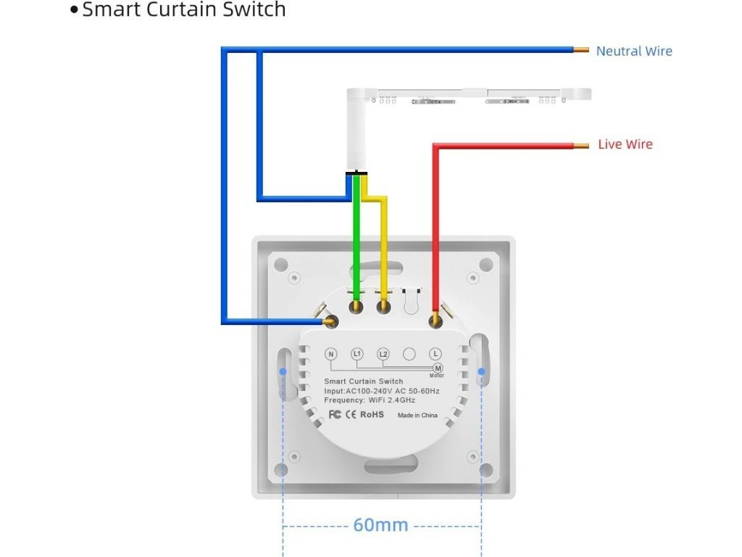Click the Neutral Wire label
633,51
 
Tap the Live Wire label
625,144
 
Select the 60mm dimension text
380,524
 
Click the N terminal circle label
331,354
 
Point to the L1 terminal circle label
357,354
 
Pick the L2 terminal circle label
383,354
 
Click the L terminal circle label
435,354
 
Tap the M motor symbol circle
438,368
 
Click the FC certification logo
335,415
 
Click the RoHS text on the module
372,415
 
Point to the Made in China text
417,416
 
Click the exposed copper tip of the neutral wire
581,51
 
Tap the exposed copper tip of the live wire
581,145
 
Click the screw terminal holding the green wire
356,308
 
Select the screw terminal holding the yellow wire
383,308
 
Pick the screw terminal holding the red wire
435,320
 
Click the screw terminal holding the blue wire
332,321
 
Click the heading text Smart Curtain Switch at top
183,10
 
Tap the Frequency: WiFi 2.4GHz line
370,400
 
